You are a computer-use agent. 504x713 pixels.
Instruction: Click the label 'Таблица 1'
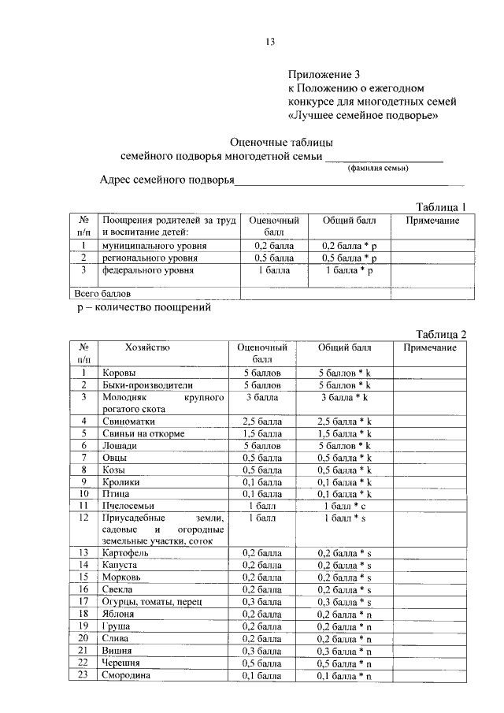(x=441, y=206)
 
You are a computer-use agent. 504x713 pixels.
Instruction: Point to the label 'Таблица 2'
(x=441, y=333)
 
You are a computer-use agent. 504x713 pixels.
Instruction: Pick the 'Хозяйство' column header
(x=147, y=347)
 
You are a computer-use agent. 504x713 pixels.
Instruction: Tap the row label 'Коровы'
(x=119, y=373)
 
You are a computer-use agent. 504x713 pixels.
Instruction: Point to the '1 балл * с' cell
(x=343, y=504)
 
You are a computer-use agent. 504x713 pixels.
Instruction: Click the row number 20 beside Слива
(x=83, y=637)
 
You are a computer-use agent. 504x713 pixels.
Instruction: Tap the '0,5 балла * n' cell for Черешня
(x=343, y=663)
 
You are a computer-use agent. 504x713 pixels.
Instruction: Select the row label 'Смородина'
(x=128, y=675)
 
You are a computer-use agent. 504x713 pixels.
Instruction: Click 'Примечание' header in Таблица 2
(x=431, y=347)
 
